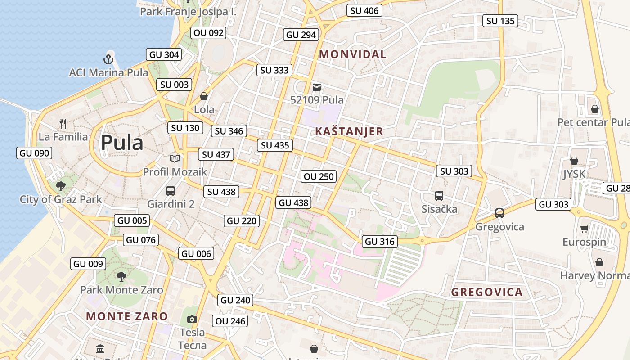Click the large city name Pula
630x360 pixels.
(122, 143)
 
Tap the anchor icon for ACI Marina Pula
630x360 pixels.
(108, 58)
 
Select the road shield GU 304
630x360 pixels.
(164, 55)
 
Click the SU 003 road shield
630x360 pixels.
(174, 85)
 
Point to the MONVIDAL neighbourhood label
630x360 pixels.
(352, 54)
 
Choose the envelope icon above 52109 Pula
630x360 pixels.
(317, 87)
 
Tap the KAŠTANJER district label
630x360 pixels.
(349, 131)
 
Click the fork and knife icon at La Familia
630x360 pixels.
(63, 123)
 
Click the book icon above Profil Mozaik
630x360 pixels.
(175, 158)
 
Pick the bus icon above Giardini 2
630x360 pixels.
(171, 190)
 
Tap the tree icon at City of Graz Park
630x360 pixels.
(60, 186)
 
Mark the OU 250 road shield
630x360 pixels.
(319, 176)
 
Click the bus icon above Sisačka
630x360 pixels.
(439, 196)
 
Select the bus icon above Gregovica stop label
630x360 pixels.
(499, 213)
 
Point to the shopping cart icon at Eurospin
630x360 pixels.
(584, 229)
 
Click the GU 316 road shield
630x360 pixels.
(380, 242)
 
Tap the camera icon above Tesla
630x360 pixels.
(192, 319)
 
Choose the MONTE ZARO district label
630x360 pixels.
(127, 316)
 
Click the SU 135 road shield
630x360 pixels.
(500, 21)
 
